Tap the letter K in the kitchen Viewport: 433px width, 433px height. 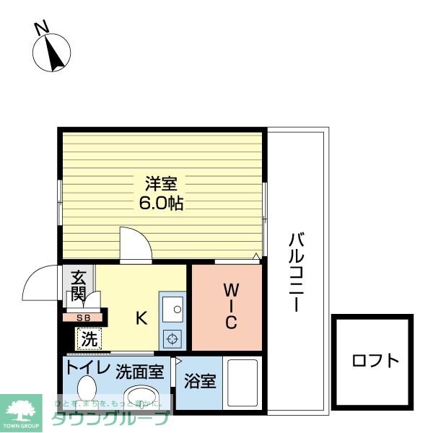click(x=142, y=317)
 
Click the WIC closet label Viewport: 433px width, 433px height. click(x=230, y=307)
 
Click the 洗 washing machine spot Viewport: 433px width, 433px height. click(x=89, y=338)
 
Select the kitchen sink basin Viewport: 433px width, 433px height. click(x=173, y=311)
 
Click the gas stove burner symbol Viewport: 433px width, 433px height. click(x=173, y=337)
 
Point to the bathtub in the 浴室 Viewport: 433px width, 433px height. click(x=242, y=382)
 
